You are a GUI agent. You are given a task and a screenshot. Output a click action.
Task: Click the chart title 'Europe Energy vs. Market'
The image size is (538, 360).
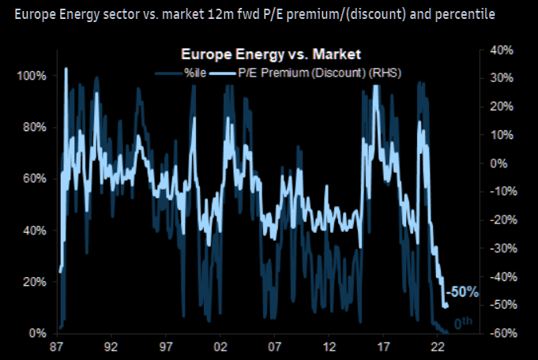(271, 54)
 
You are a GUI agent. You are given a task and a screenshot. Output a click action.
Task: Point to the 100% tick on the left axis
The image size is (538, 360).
(32, 76)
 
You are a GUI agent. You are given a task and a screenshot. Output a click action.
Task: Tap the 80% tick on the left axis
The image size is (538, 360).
(34, 127)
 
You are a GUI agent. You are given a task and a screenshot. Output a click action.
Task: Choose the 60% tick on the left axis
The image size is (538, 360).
(34, 178)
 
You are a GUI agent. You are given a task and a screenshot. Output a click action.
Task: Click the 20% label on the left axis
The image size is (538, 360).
(34, 282)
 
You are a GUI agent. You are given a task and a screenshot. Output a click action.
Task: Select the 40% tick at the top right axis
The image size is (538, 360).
(502, 50)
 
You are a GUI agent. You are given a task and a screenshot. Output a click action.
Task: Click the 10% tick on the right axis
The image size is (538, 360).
(502, 135)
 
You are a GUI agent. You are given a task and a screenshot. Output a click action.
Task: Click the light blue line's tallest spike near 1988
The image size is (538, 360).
(66, 69)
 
